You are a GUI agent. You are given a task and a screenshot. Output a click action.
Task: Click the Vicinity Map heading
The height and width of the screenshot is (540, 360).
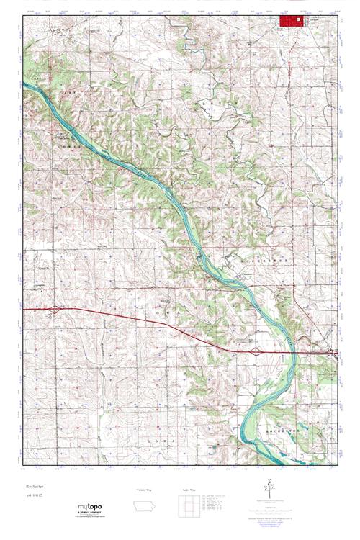tap(145, 490)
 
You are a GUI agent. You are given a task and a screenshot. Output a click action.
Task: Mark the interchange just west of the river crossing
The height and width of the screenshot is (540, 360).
tap(256, 351)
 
